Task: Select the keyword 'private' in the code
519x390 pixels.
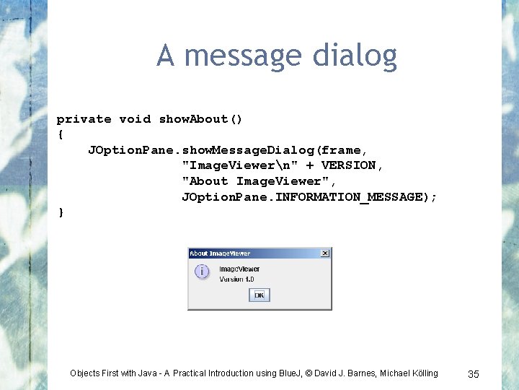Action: point(84,119)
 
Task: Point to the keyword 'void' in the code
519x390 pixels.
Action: point(135,119)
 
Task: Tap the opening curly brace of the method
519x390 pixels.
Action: point(61,134)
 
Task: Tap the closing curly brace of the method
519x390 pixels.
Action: point(61,212)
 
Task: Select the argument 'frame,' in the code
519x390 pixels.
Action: point(345,150)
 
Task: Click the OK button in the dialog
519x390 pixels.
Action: point(259,295)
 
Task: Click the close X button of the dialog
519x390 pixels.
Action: point(325,253)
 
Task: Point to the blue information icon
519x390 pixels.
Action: point(202,272)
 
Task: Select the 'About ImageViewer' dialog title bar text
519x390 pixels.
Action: point(220,253)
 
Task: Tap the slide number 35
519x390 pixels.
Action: point(474,373)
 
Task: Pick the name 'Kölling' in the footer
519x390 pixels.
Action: point(422,373)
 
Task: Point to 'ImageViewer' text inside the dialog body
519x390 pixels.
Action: point(239,269)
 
